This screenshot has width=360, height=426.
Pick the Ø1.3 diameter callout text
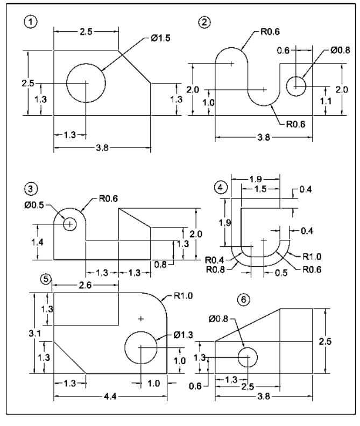183,335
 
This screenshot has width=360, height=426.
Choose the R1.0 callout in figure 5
183,295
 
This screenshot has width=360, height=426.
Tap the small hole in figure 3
69,224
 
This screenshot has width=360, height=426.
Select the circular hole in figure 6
247,357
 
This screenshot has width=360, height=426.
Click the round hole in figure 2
296,86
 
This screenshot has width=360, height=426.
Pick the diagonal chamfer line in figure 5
69,357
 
